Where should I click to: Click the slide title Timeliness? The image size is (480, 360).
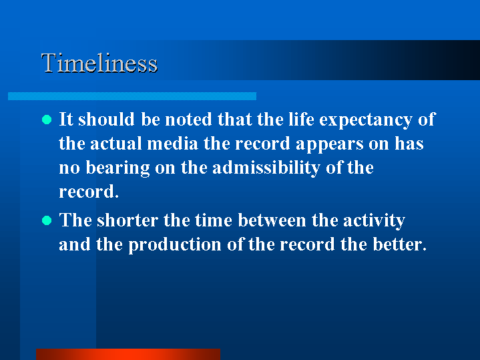[x=99, y=63]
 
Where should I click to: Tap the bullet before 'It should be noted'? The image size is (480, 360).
[x=47, y=120]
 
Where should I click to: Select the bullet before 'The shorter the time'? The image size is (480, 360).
[x=47, y=220]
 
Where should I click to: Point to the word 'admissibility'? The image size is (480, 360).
[x=266, y=168]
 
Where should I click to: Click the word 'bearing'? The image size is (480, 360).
[x=117, y=168]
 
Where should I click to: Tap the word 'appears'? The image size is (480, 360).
[x=329, y=145]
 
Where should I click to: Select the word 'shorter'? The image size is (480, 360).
[x=128, y=220]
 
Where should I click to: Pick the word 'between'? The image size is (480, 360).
[x=272, y=220]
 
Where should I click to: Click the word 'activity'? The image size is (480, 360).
[x=374, y=221]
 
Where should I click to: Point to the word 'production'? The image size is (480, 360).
[x=174, y=245]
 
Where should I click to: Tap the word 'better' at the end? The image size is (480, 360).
[x=399, y=244]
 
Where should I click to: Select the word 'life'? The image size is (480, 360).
[x=301, y=119]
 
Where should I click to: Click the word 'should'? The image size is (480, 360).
[x=106, y=119]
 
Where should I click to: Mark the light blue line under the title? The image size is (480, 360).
[x=132, y=96]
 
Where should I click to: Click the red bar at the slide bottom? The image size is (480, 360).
[x=128, y=354]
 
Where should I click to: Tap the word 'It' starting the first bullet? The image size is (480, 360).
[x=66, y=119]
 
